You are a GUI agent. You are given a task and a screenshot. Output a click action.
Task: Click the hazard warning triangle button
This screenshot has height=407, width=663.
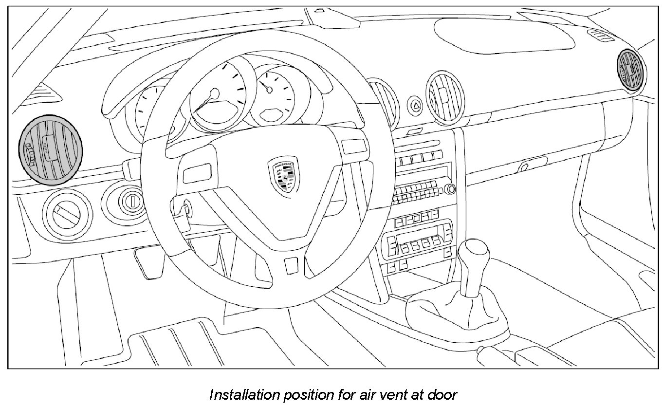pos(416,104)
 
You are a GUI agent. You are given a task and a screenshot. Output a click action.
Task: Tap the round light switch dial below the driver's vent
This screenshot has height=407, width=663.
pos(67,215)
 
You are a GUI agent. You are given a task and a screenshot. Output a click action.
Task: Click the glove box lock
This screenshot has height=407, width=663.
pos(523,167)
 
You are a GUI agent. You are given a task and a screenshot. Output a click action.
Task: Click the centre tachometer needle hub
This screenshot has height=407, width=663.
pos(214,93)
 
